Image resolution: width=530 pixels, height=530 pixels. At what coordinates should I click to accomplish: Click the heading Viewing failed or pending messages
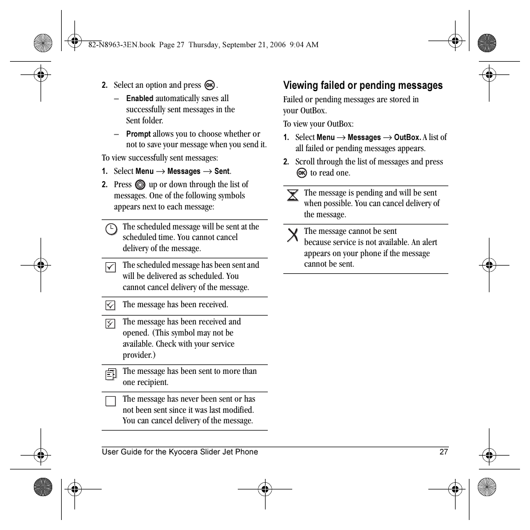[x=363, y=86]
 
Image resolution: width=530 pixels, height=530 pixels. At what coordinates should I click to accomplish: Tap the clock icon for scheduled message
[x=111, y=228]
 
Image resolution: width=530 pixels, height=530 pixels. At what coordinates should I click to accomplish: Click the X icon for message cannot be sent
[x=292, y=234]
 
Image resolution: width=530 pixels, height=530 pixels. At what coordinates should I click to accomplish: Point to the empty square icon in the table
[x=111, y=401]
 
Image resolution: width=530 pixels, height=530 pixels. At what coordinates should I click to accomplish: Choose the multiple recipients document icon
[x=111, y=374]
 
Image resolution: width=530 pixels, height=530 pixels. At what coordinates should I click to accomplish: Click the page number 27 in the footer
[x=443, y=452]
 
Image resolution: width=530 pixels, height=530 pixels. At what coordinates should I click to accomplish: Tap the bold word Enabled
[x=139, y=98]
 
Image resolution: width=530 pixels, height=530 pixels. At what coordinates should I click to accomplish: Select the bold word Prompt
[x=138, y=134]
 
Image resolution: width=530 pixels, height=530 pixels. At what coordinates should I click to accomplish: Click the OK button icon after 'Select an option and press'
[x=209, y=85]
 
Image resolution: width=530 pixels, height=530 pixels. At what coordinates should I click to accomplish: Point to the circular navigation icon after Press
[x=140, y=184]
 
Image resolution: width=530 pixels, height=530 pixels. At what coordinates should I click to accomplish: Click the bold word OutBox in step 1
[x=407, y=137]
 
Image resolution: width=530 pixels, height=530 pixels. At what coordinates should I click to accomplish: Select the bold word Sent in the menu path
[x=222, y=171]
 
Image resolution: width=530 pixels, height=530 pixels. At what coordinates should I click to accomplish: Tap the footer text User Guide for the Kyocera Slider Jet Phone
[x=179, y=452]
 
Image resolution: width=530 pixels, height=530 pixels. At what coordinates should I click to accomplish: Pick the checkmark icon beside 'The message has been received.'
[x=111, y=305]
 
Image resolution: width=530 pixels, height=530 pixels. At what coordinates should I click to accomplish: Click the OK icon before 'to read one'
[x=302, y=173]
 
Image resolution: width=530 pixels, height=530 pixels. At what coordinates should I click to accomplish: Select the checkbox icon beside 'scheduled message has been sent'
[x=111, y=267]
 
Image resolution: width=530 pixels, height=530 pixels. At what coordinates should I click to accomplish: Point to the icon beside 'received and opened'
[x=111, y=323]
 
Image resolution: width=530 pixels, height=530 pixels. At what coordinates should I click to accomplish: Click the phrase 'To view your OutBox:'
[x=318, y=124]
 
